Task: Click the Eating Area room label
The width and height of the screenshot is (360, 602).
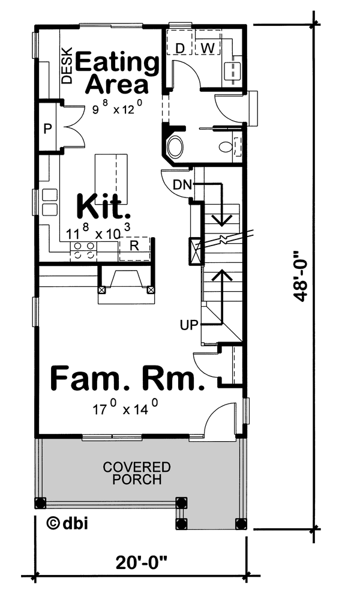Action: [x=117, y=73]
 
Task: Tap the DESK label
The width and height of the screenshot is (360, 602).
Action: [x=67, y=65]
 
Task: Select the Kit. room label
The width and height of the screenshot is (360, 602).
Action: [x=103, y=207]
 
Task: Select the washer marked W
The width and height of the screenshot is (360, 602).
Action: [x=207, y=47]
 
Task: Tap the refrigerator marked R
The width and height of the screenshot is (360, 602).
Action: [x=134, y=246]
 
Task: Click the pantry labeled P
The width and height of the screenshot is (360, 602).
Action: [x=47, y=128]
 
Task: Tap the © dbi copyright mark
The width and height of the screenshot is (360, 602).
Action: [x=67, y=523]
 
